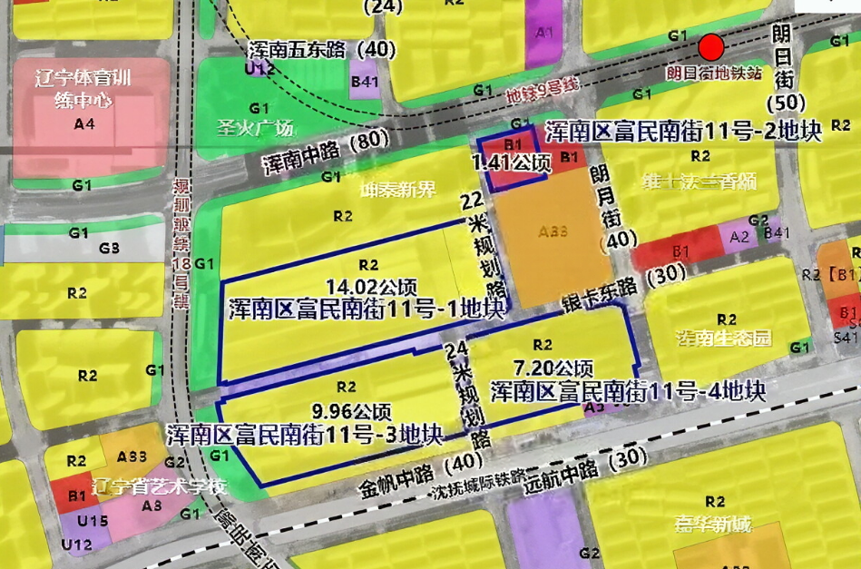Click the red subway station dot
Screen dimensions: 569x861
[711, 47]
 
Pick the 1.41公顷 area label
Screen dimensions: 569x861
[511, 163]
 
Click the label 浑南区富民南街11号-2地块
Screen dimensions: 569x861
[682, 132]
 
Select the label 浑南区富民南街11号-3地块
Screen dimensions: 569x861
[305, 434]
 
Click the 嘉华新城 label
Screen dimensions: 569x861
[713, 524]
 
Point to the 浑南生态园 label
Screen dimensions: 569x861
[723, 338]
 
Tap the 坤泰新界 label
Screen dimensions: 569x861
[397, 191]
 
